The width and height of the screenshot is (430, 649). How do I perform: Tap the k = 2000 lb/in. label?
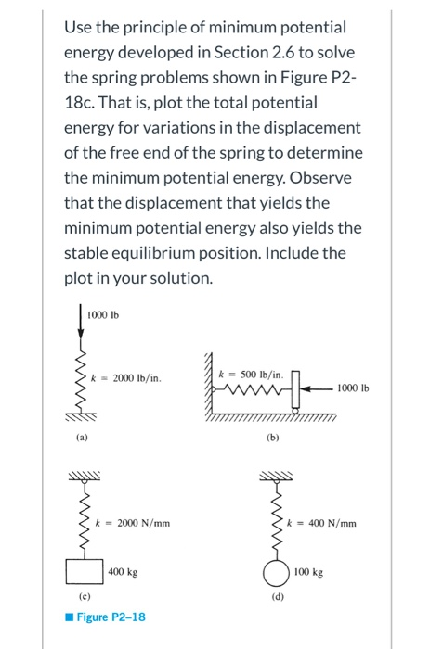131,377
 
